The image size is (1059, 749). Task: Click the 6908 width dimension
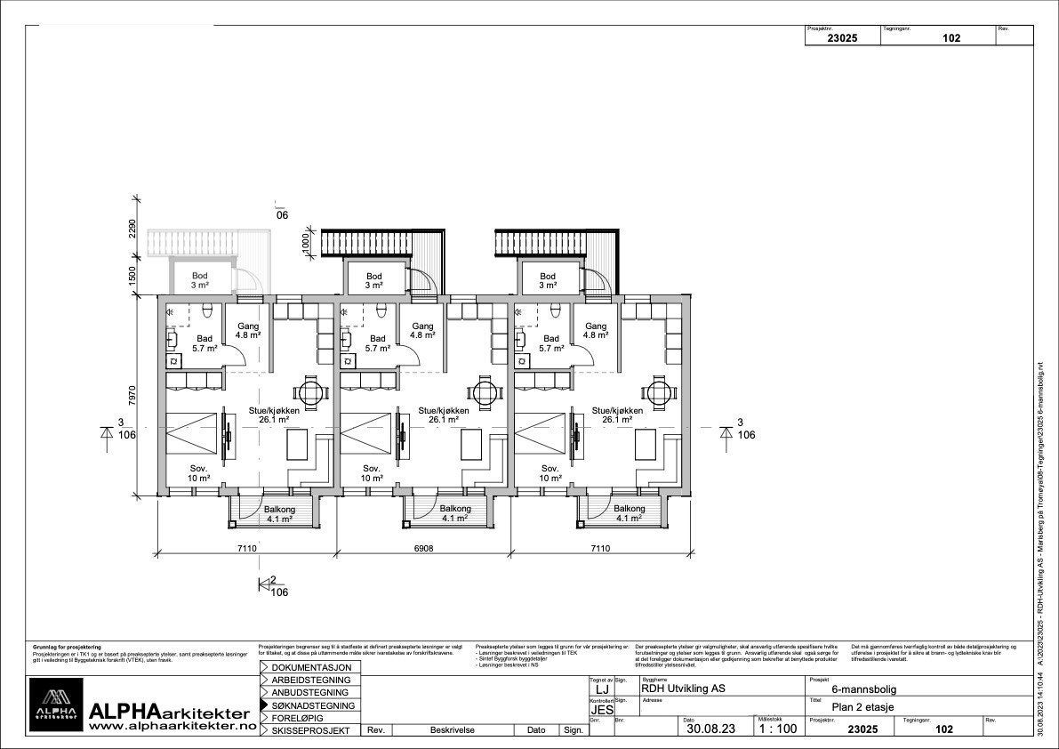coord(423,549)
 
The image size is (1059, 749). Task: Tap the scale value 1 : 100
coord(776,729)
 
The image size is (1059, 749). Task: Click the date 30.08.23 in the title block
coord(711,729)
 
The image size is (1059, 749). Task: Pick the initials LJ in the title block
coord(601,689)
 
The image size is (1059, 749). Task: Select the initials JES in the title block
coord(601,709)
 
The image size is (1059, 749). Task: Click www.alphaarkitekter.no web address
coord(172,726)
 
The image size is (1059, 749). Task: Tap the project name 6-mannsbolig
coord(863,688)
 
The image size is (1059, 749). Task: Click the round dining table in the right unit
coord(659,390)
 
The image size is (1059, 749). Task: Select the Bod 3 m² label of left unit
coord(200,280)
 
